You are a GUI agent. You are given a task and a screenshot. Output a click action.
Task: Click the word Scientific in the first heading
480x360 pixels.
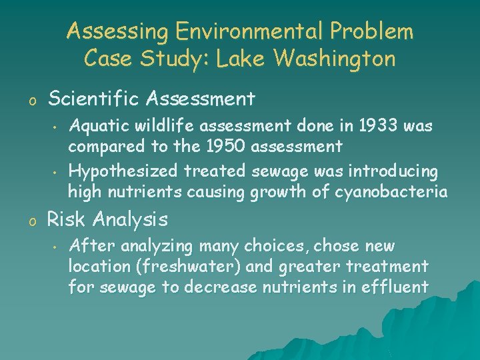97,99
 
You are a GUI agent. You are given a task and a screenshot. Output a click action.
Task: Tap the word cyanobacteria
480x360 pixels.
390,192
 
